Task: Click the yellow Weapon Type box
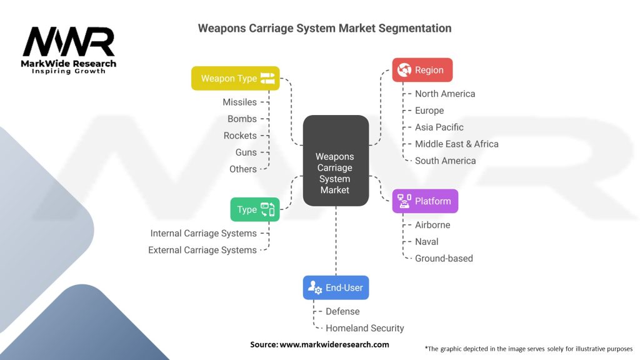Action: click(x=236, y=79)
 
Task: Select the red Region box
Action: click(x=422, y=70)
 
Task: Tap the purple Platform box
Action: click(x=425, y=201)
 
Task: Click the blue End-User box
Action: click(x=336, y=287)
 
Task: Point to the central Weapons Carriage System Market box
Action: click(x=335, y=173)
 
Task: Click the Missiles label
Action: click(x=239, y=102)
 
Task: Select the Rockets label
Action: click(x=240, y=136)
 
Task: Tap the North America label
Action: click(x=445, y=94)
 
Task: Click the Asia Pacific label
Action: click(x=439, y=127)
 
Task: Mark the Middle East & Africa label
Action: click(x=457, y=144)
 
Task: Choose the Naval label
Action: click(x=427, y=241)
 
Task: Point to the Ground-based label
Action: click(x=444, y=258)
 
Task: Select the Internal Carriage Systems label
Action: click(x=204, y=233)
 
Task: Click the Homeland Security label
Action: click(x=365, y=328)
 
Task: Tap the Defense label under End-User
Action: click(x=342, y=311)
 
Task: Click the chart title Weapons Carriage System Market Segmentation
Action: click(x=324, y=28)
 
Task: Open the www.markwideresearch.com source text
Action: click(x=334, y=344)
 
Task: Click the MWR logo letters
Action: click(x=69, y=42)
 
